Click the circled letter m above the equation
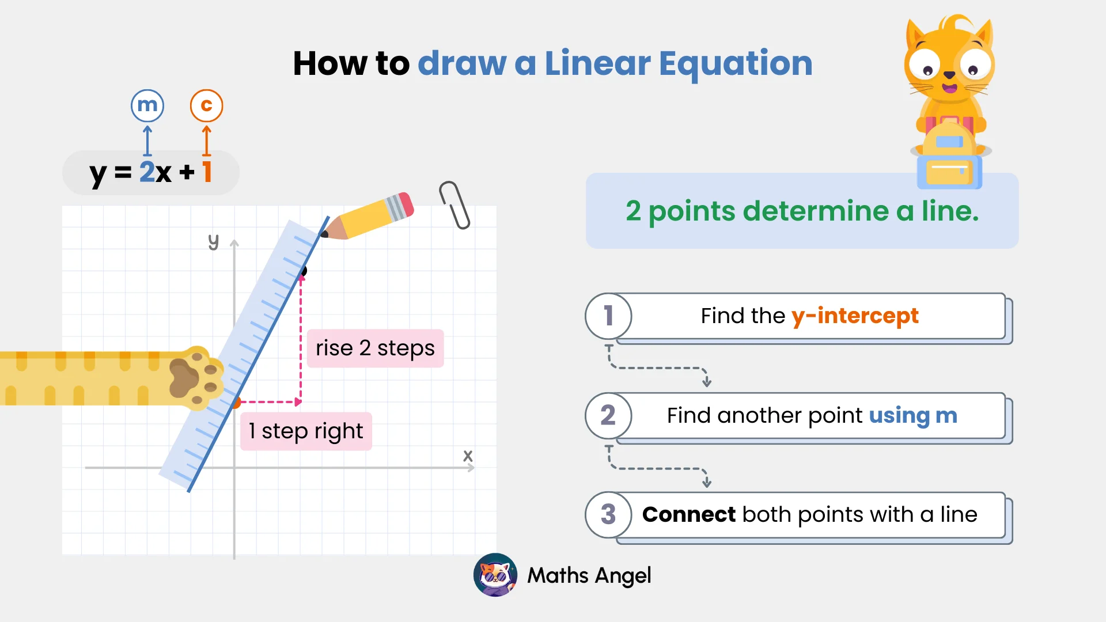[x=147, y=105]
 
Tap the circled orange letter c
[x=206, y=105]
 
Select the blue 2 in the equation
[x=147, y=172]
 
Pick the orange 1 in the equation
[x=207, y=172]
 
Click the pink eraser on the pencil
[x=406, y=205]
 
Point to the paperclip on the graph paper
[x=455, y=205]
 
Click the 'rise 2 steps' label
[x=375, y=348]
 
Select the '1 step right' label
[x=306, y=431]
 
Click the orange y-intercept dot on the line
[x=236, y=403]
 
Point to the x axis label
[x=468, y=456]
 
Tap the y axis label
[x=214, y=241]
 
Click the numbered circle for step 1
[x=608, y=316]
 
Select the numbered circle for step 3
[x=608, y=515]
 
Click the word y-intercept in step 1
[x=855, y=316]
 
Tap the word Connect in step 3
[x=689, y=514]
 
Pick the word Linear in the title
[x=597, y=63]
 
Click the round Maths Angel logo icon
[x=495, y=575]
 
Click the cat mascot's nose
[x=949, y=75]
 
